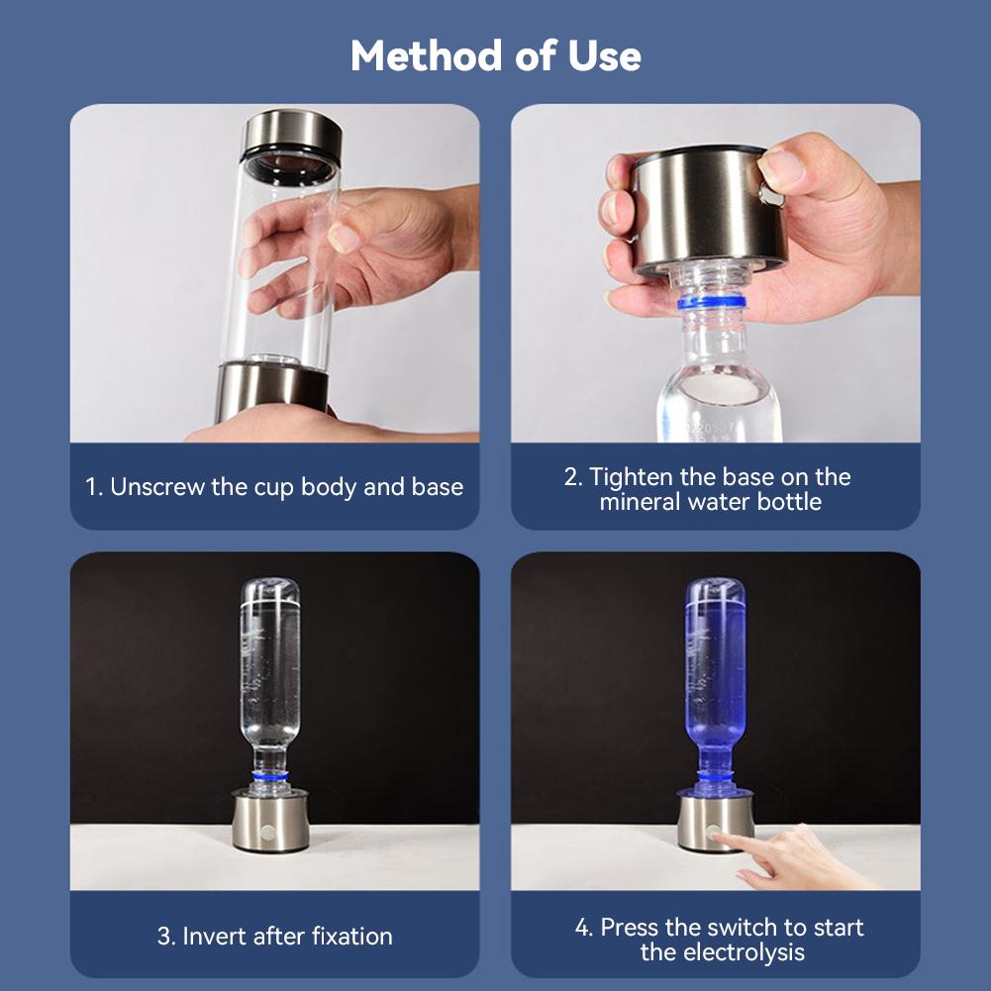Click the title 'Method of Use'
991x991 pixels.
(495, 56)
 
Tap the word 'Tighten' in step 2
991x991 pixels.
(630, 476)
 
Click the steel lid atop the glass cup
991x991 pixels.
(292, 133)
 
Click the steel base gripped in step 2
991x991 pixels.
(708, 208)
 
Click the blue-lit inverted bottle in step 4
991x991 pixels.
(716, 673)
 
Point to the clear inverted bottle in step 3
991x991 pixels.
(270, 673)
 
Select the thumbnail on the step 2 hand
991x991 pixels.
(782, 169)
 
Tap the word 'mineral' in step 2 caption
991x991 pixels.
(637, 501)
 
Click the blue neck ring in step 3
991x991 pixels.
(269, 779)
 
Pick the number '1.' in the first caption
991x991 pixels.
(94, 487)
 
